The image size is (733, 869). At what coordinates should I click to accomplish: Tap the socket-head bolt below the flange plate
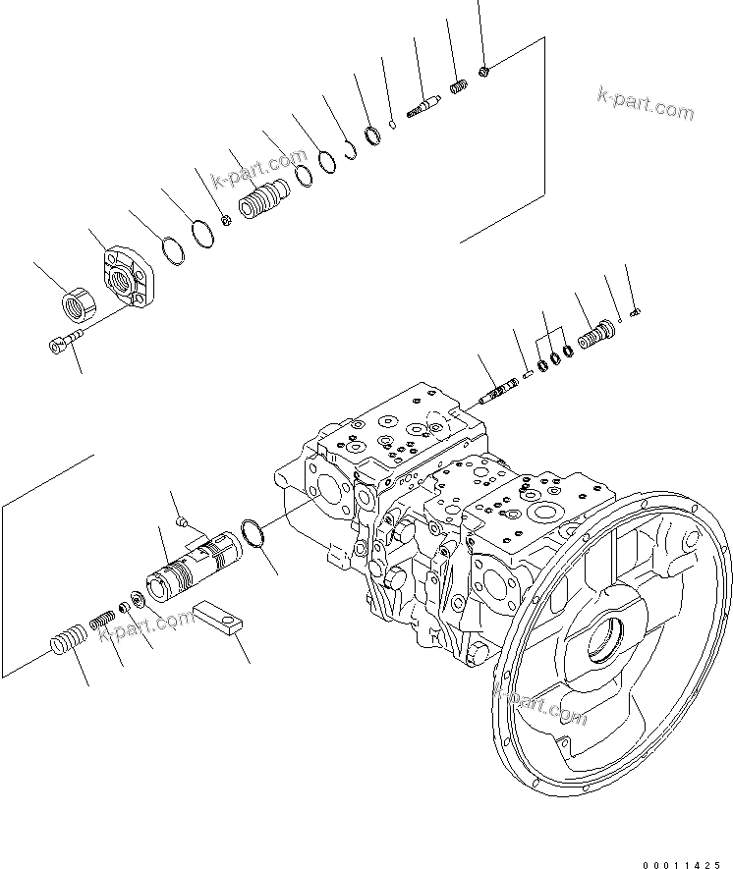click(x=60, y=344)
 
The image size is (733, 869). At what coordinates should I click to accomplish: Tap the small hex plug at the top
click(x=486, y=69)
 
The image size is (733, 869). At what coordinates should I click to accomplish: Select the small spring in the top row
click(x=457, y=88)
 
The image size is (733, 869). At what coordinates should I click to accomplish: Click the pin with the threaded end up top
click(x=423, y=106)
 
